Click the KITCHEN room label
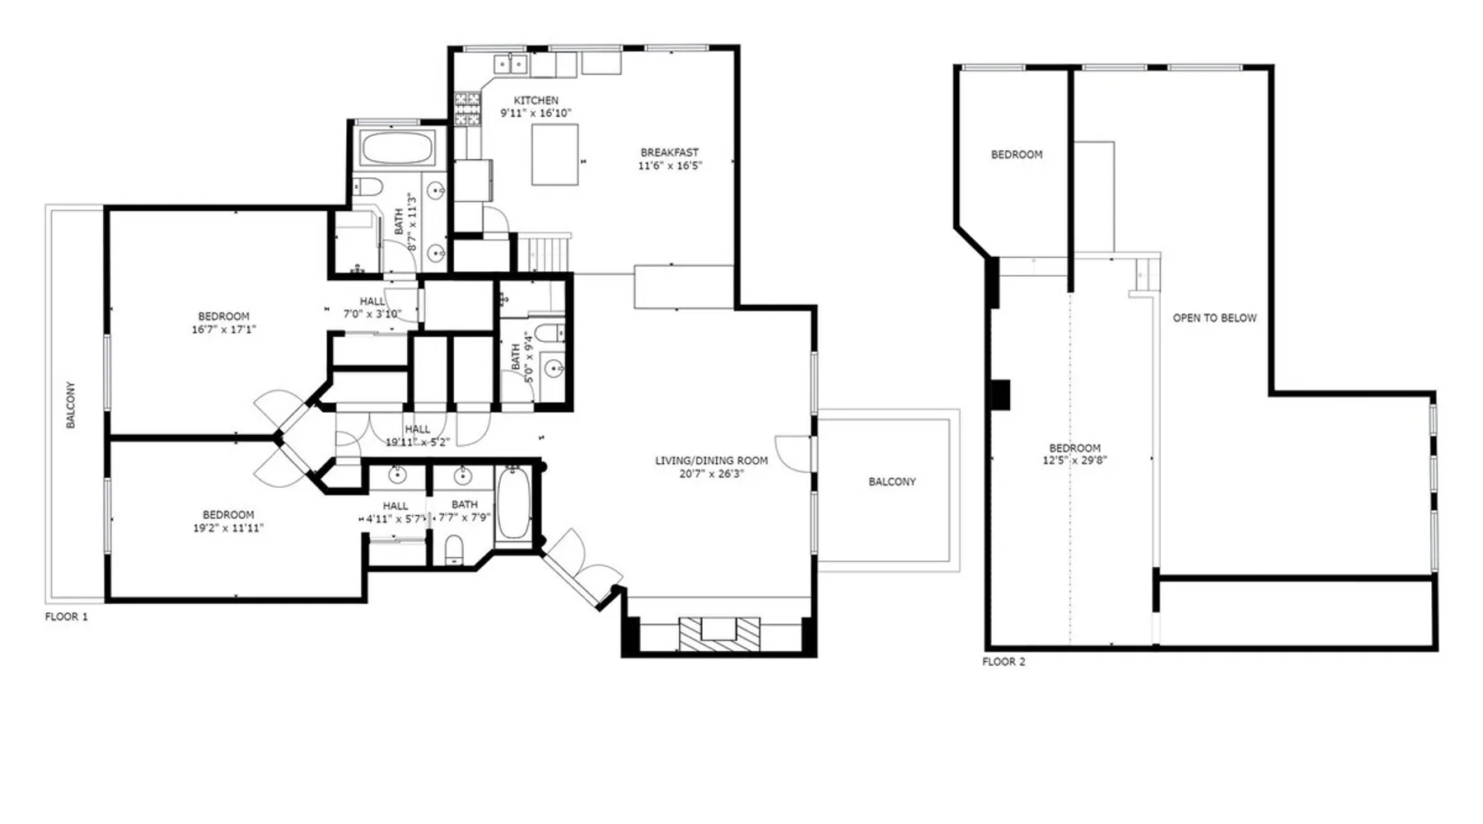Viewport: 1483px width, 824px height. (536, 101)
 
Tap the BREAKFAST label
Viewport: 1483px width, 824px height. (670, 152)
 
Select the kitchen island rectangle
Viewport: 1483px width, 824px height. (554, 154)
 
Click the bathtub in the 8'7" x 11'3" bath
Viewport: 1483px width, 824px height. (397, 148)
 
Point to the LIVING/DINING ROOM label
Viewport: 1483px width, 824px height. (712, 461)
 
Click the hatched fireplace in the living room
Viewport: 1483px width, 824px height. (719, 635)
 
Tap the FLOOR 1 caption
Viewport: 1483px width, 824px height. (67, 616)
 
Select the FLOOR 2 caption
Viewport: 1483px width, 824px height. (1003, 662)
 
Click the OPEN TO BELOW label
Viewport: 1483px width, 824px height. (1214, 318)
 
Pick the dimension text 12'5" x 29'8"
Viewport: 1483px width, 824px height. (1074, 461)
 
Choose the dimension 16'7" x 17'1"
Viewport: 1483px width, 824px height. (224, 330)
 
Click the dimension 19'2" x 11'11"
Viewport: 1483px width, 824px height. (228, 528)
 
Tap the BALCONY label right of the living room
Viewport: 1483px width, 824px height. (892, 482)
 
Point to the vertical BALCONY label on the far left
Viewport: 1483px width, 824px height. (71, 405)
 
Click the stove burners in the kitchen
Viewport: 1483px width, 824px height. (467, 109)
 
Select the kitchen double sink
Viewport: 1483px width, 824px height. (511, 63)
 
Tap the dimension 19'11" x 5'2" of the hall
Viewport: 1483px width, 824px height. (418, 442)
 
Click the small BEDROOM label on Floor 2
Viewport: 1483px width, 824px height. (1017, 155)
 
